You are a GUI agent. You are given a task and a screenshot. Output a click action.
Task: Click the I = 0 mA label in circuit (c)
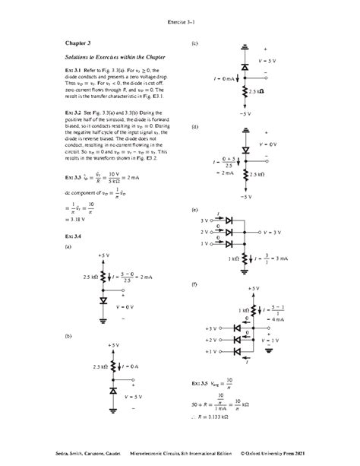click(x=223, y=77)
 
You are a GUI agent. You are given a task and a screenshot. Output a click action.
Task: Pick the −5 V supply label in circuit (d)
click(x=245, y=197)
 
